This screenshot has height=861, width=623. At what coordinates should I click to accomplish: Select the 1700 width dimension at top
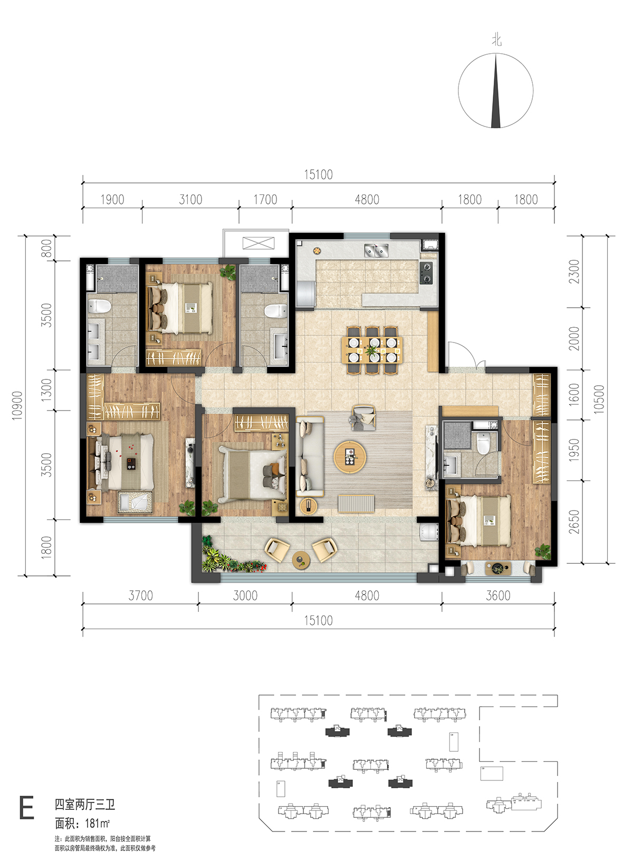point(265,200)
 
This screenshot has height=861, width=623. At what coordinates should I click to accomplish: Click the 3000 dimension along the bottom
point(245,595)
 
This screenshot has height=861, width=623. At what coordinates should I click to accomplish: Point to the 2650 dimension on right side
point(574,522)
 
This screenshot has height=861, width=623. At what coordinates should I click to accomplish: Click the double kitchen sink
point(376,250)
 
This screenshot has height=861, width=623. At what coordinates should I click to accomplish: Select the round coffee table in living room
point(350,457)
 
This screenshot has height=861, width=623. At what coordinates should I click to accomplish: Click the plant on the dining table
point(372,350)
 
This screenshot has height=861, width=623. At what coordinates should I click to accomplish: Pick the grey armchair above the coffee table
point(363,417)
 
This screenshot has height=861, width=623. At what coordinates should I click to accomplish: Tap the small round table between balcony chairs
point(301,560)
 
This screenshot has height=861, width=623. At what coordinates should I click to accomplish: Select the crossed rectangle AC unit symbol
point(258,243)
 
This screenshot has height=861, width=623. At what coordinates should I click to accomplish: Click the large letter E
point(26,808)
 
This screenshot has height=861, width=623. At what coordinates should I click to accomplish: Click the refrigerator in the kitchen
point(305,295)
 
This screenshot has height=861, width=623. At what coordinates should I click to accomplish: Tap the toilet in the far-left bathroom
point(99,307)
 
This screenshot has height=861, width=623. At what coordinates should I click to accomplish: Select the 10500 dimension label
point(600,399)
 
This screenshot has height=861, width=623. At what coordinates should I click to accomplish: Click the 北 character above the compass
point(496,40)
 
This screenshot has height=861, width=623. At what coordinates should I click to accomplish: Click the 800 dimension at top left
point(46,248)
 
